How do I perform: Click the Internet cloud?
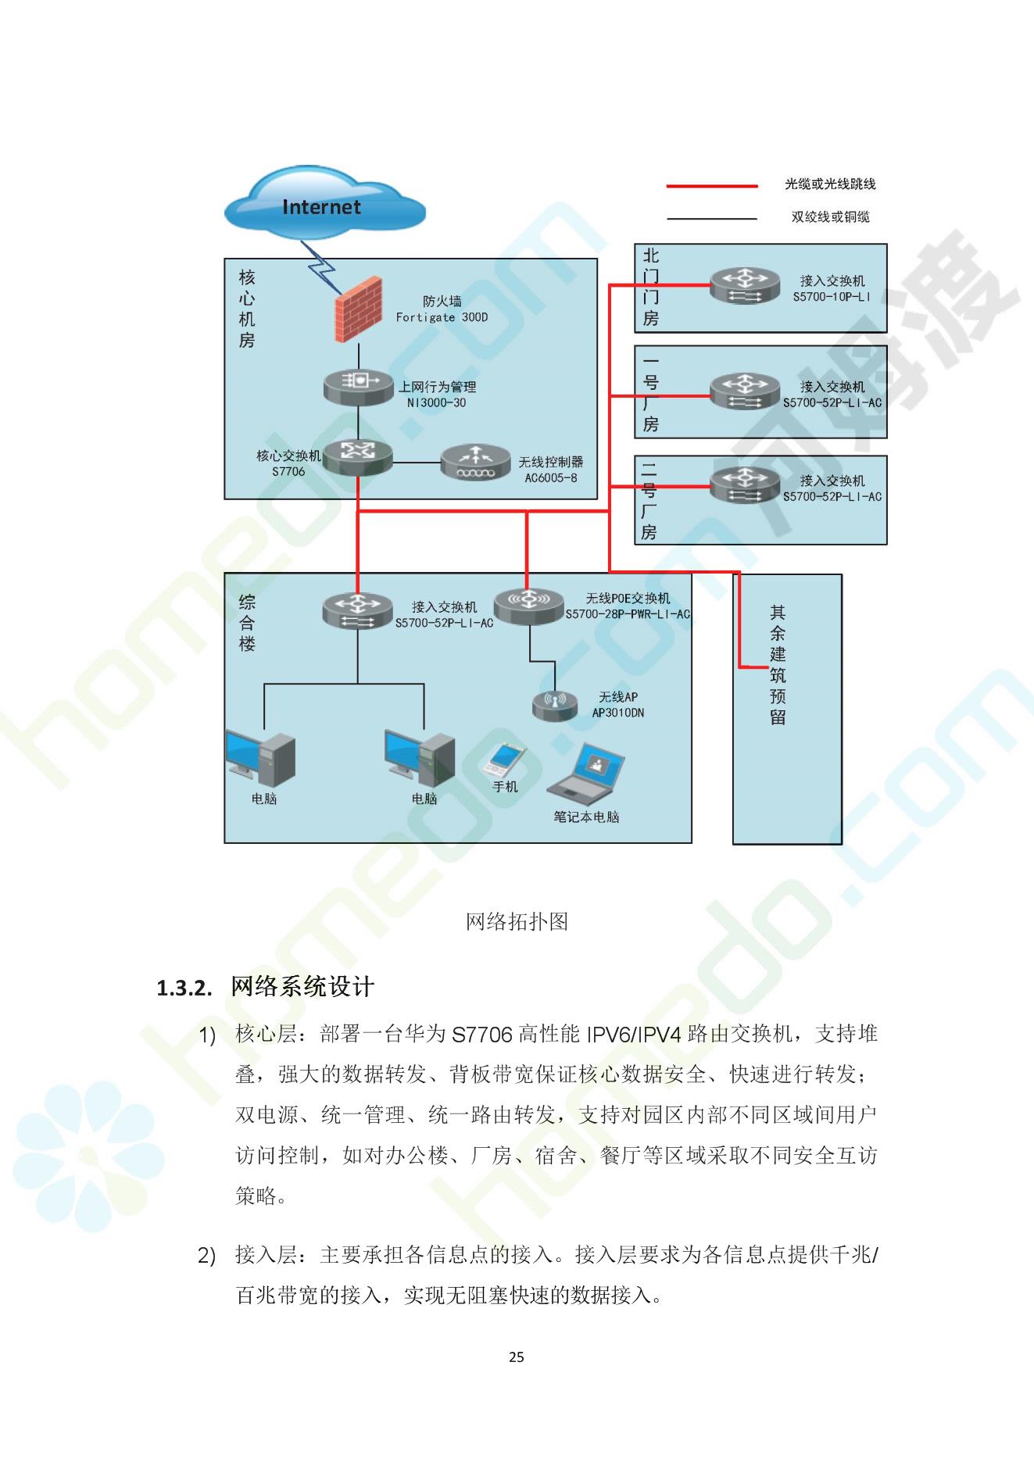tap(324, 206)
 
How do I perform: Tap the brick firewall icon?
tap(359, 309)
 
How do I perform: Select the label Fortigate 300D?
tap(442, 317)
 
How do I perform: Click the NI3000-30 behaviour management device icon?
tap(359, 387)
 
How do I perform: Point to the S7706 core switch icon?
tap(358, 456)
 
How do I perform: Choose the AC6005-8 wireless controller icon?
tap(475, 462)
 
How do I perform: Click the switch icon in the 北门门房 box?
tap(745, 285)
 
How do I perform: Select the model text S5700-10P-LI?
tap(832, 297)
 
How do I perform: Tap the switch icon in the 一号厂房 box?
tap(745, 391)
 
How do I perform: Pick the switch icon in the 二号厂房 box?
tap(745, 485)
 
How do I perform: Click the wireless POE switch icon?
tap(529, 606)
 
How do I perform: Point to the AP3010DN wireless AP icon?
tap(555, 706)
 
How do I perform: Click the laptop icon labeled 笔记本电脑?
tap(586, 774)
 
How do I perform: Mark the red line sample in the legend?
tap(712, 186)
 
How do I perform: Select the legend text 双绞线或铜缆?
tap(830, 216)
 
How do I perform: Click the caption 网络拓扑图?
tap(517, 921)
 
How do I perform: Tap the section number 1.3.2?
tap(184, 988)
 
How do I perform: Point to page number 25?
tap(517, 1357)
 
